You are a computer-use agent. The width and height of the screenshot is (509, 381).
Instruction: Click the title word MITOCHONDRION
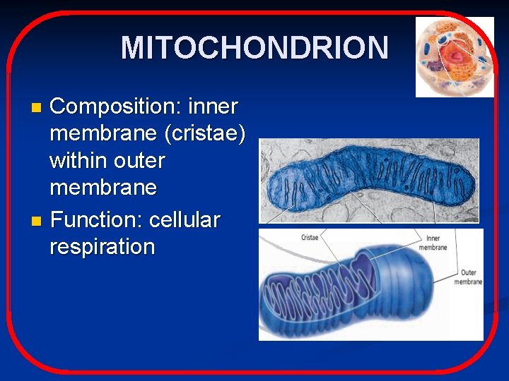tap(255, 48)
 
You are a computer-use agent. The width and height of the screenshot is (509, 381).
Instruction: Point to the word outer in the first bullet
tap(139, 161)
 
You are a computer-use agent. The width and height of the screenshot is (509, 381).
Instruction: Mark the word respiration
tap(102, 247)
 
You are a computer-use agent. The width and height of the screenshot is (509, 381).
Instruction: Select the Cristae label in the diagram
tap(309, 238)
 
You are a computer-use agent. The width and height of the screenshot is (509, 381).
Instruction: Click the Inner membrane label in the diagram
tap(432, 243)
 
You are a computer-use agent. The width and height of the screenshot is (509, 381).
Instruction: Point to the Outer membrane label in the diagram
tap(467, 277)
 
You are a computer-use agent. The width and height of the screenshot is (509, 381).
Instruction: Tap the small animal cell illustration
tap(454, 56)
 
